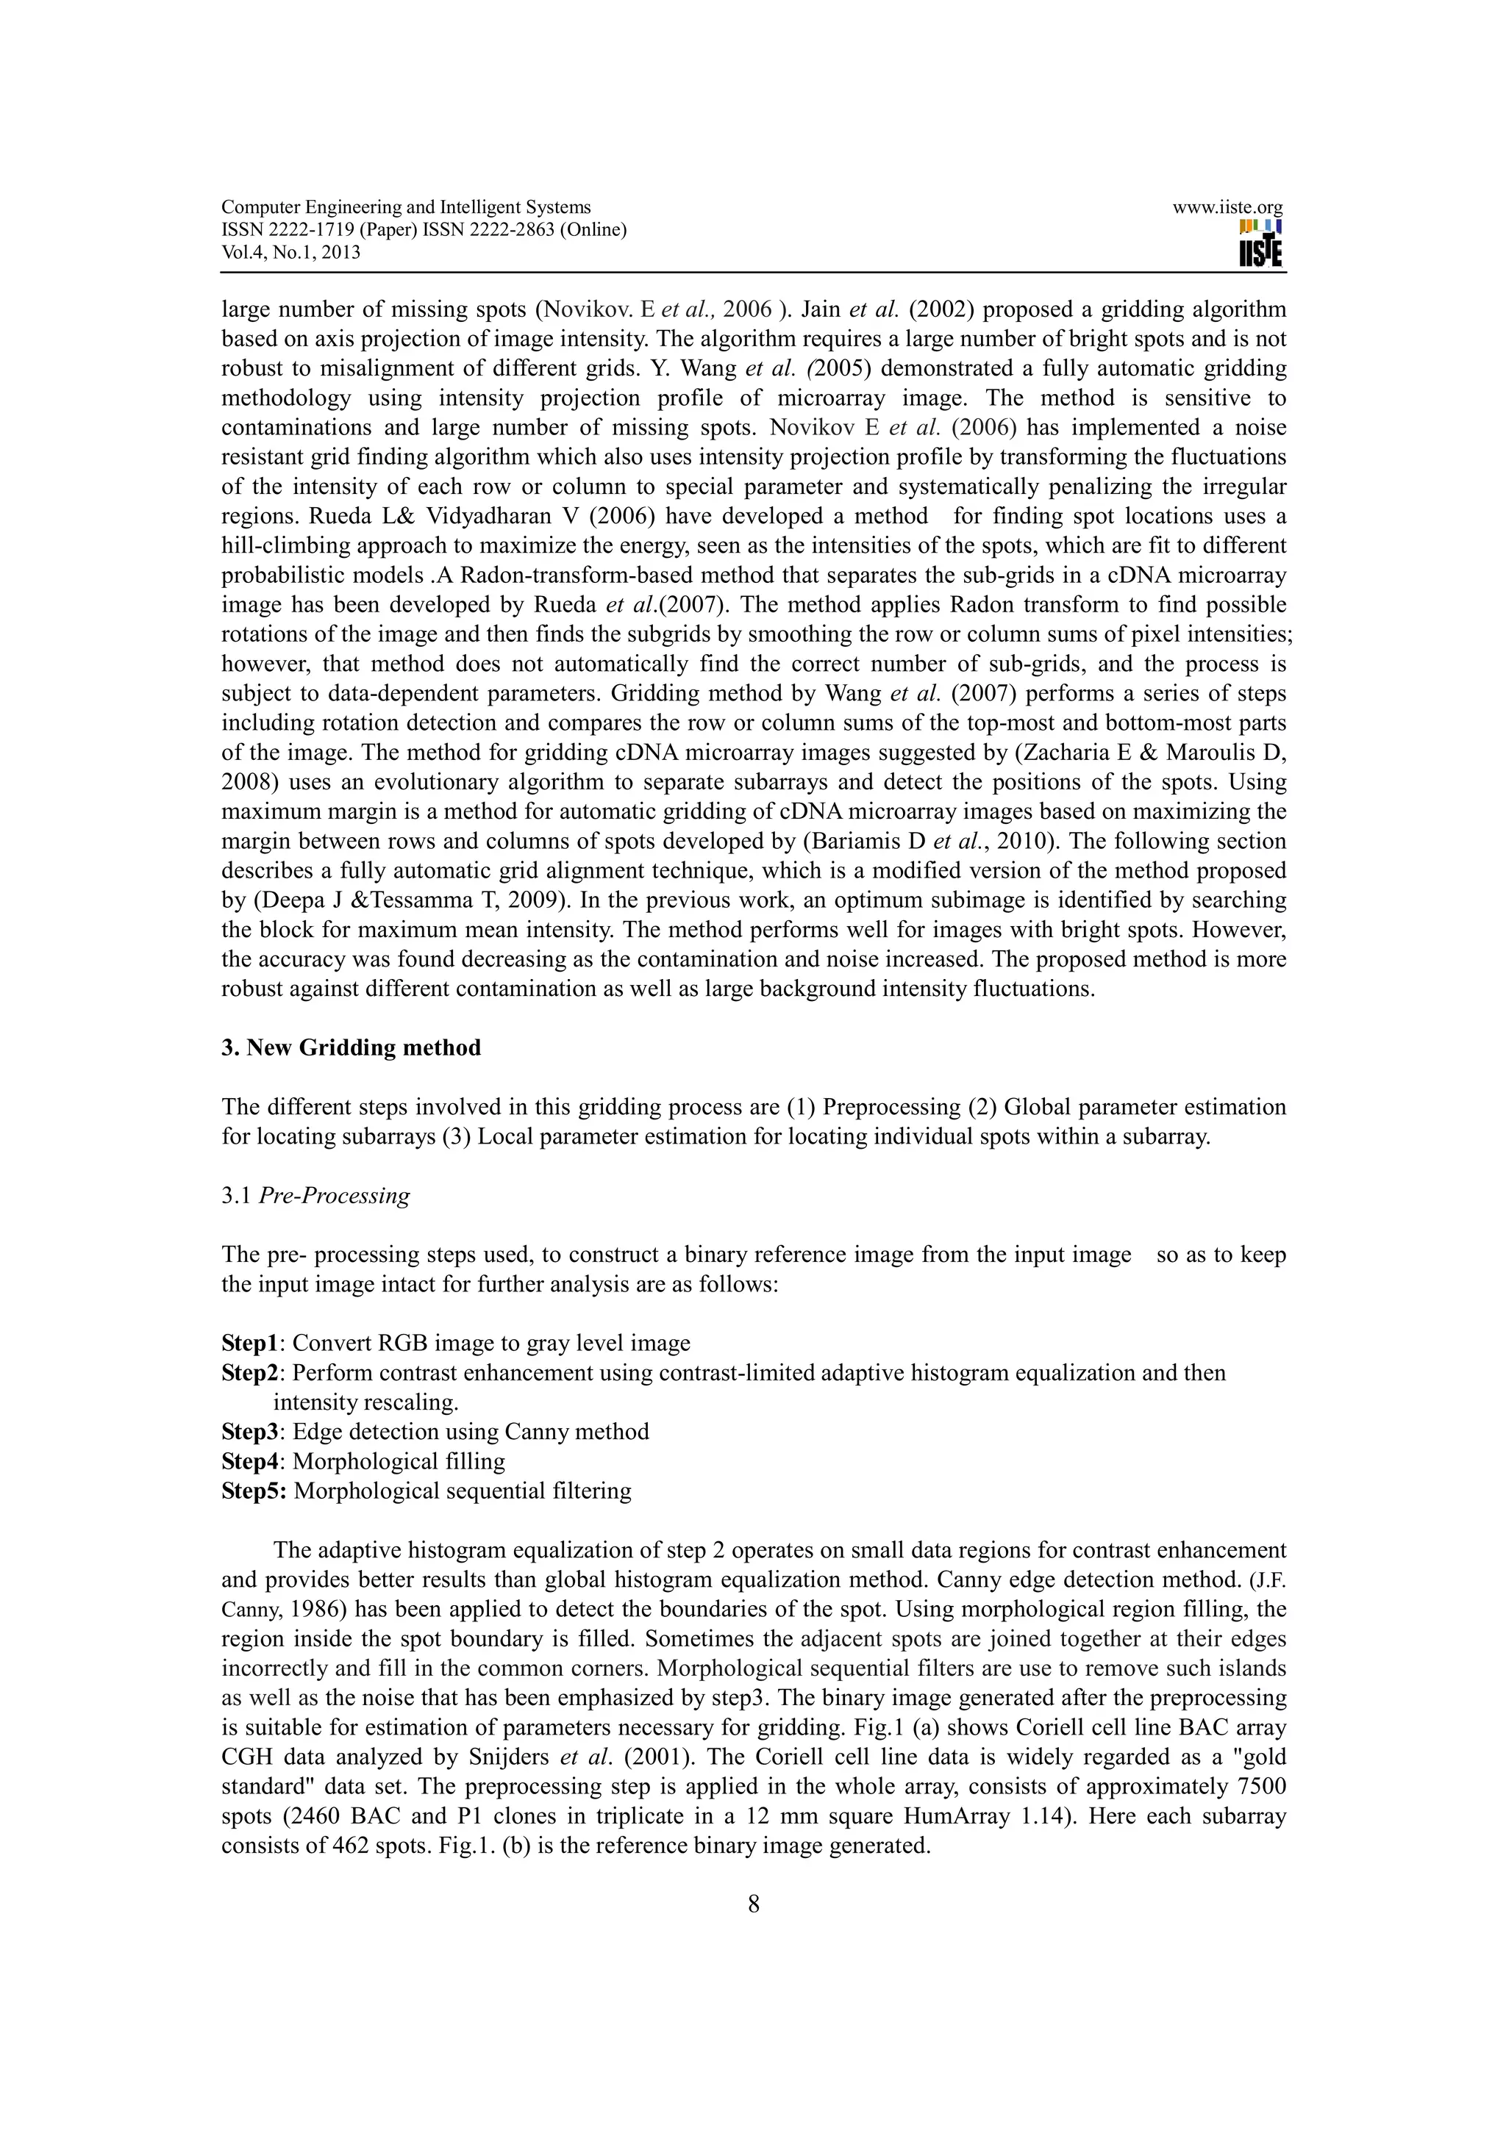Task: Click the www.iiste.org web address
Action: [x=1227, y=208]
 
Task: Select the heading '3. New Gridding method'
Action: [x=351, y=1047]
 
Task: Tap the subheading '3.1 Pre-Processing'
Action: [x=315, y=1195]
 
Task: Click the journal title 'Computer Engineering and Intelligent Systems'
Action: [x=405, y=208]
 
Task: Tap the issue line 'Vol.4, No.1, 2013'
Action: [x=291, y=252]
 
